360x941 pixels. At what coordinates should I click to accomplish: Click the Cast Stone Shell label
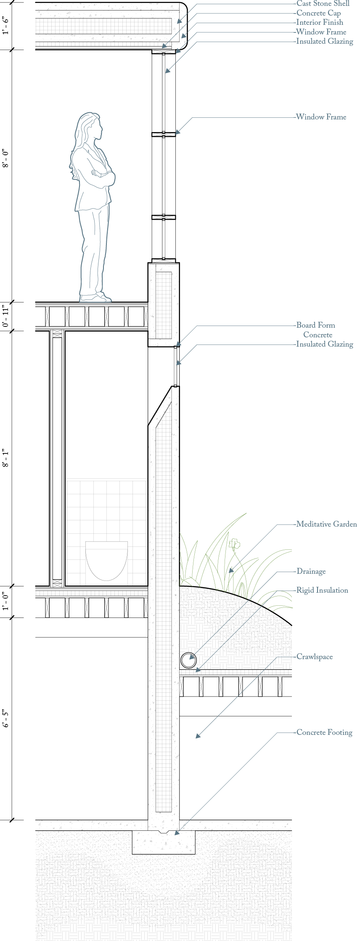323,4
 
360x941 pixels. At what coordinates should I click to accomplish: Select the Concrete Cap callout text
318,13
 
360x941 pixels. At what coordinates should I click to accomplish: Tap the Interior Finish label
319,22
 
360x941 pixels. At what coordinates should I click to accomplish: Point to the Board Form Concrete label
316,330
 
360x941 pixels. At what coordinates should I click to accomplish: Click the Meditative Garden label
326,524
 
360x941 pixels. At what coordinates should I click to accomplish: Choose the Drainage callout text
311,571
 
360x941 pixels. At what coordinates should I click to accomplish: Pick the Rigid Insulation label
322,590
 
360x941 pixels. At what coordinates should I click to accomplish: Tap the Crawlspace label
314,657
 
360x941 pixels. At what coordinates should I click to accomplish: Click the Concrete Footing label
324,732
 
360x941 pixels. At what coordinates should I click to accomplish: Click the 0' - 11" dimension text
6,316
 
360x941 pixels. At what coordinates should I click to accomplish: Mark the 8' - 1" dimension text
6,458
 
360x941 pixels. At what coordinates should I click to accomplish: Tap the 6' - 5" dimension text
6,719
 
